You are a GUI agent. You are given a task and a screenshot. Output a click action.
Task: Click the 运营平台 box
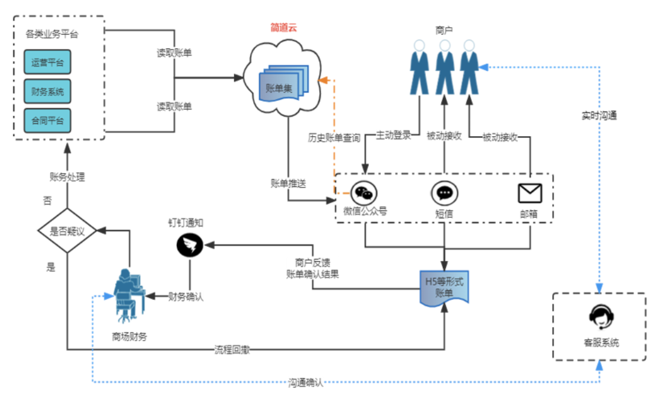coord(47,62)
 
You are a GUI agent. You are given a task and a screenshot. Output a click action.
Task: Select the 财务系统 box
coord(47,91)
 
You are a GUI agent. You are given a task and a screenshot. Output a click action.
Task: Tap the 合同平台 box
coord(47,120)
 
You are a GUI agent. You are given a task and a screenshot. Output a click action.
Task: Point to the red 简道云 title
coord(283,28)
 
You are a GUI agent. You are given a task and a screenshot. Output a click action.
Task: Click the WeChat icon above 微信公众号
coord(364,193)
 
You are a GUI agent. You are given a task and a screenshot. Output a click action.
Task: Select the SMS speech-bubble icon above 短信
coord(444,193)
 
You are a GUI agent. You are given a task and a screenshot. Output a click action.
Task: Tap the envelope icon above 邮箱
coord(530,193)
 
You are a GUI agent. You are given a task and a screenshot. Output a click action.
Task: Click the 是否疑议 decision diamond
coord(67,230)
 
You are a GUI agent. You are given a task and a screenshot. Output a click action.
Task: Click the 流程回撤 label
coord(232,350)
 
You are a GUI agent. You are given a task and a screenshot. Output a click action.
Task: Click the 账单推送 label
coord(288,183)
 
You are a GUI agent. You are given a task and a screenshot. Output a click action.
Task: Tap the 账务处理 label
coord(67,177)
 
